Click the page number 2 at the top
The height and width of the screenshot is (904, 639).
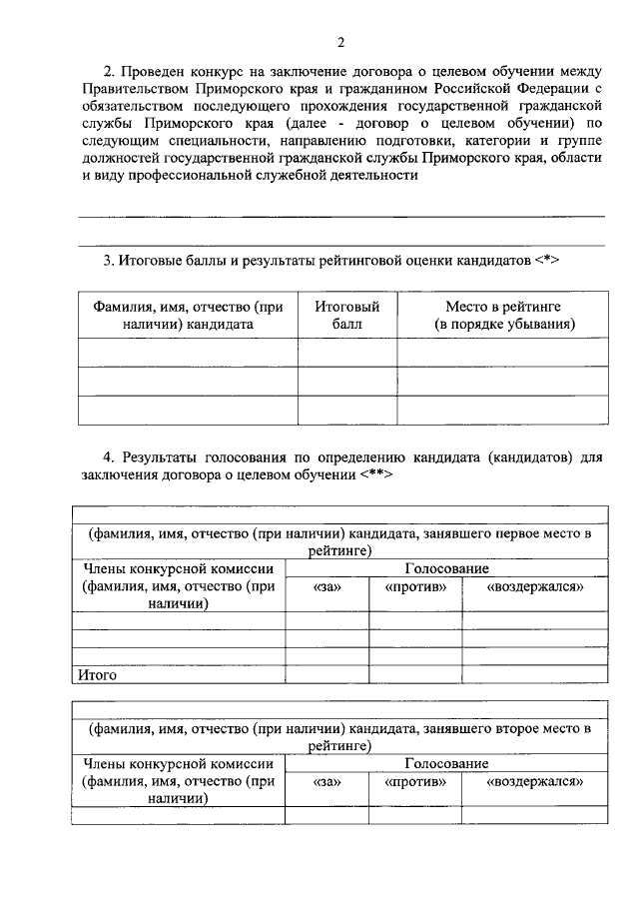[340, 42]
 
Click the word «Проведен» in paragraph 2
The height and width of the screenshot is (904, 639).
[153, 72]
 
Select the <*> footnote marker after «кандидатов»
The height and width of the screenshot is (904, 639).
[547, 262]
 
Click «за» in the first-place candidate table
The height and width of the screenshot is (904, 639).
[326, 586]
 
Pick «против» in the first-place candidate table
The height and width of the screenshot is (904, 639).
[414, 586]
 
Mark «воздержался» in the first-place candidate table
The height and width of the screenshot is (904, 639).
[534, 586]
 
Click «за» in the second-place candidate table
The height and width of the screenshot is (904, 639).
[326, 782]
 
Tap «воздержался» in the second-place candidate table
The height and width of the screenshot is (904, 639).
[534, 782]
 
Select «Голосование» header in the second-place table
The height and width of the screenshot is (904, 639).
[446, 764]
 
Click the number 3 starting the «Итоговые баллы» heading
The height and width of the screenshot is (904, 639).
[108, 262]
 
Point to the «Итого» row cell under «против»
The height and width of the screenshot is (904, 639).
[414, 674]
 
